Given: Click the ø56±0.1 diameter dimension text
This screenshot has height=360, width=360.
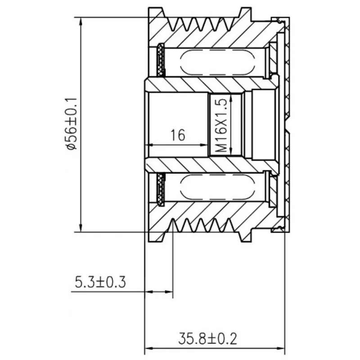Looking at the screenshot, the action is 71,124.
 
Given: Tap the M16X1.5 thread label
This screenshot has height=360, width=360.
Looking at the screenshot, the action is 221,126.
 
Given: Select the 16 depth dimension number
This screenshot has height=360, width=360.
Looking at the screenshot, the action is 178,135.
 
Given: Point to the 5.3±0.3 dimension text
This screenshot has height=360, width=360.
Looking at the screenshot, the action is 100,282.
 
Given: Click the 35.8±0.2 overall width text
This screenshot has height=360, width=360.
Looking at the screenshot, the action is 207,339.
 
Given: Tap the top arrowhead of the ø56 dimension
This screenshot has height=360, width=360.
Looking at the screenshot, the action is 81,22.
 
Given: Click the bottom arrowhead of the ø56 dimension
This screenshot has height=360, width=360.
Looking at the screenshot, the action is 81,227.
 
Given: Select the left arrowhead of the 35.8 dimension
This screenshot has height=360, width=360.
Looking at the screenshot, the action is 149,348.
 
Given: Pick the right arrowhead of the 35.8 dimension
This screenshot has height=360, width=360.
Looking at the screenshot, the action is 280,348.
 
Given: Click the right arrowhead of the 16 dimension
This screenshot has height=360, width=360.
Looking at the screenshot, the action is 204,145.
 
